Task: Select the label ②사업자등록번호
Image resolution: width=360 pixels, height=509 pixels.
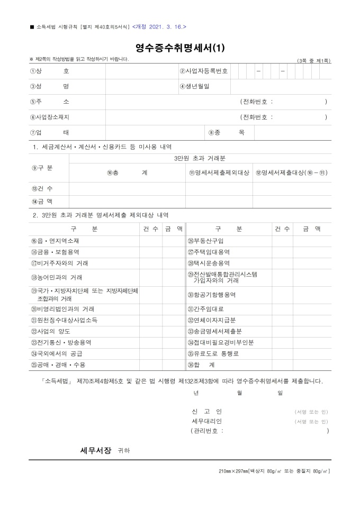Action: pos(204,71)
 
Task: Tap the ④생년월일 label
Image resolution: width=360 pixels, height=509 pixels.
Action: pos(196,86)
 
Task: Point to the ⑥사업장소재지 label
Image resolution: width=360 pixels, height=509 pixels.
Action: pos(50,117)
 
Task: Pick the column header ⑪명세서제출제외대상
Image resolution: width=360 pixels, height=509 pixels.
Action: pos(219,172)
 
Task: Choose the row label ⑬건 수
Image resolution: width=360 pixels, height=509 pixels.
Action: pos(42,189)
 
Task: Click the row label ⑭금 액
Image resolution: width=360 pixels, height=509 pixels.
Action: pos(42,202)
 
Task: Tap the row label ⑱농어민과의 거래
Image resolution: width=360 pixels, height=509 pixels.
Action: pos(56,277)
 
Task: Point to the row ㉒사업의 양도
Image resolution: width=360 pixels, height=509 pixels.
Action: pos(50,331)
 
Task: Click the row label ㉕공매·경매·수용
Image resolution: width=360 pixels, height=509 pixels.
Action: pos(57,365)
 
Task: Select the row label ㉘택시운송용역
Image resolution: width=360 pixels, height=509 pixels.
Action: pos(209,263)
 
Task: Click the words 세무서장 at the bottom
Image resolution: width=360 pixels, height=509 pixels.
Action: pos(95,450)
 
